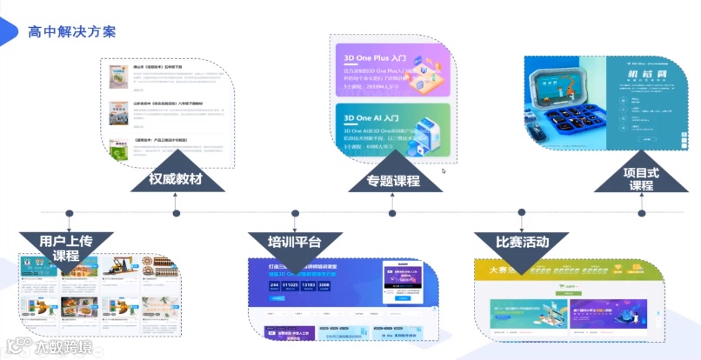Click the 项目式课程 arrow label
pos(642,179)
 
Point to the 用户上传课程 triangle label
pos(65,247)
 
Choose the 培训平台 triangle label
pos(284,241)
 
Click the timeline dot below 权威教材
pos(177,212)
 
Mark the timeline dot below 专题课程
pos(392,212)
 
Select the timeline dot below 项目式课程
pos(642,212)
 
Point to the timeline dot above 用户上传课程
pos(69,212)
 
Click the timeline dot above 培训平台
pos(284,212)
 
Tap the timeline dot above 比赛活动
pos(522,212)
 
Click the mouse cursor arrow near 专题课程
pos(444,170)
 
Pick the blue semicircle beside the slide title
pos(7,32)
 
